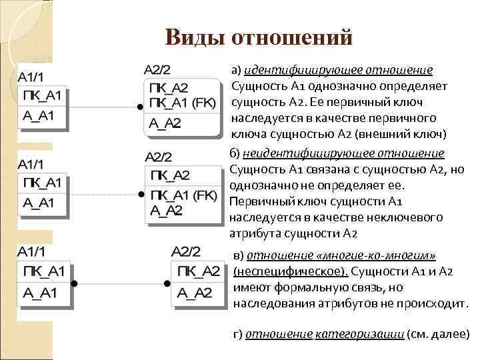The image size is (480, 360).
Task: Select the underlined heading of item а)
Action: click(x=339, y=70)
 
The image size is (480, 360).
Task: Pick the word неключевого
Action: click(x=410, y=217)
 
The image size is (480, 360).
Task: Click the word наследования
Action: click(x=274, y=304)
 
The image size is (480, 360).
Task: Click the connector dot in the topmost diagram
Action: click(x=140, y=107)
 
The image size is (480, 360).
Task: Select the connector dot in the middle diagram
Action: click(x=140, y=195)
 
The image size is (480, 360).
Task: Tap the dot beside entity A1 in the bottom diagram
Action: click(x=74, y=283)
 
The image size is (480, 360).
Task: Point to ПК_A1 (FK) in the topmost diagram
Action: click(x=179, y=102)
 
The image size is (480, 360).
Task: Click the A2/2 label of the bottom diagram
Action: click(x=185, y=251)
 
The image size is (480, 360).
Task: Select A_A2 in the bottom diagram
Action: click(x=194, y=292)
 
